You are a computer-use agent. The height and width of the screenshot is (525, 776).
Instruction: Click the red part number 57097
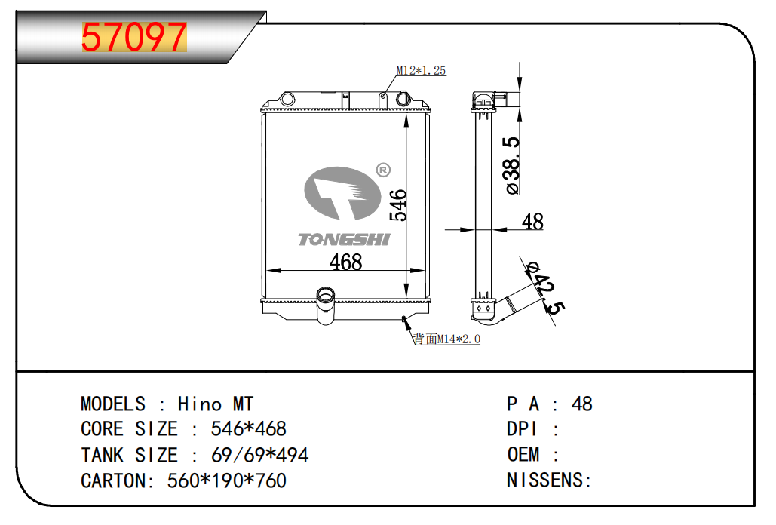[x=133, y=37]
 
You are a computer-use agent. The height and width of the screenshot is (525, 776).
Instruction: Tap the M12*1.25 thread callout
[x=422, y=71]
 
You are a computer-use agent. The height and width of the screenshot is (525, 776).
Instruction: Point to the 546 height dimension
[x=398, y=205]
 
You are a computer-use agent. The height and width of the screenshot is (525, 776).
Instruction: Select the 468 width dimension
[x=346, y=262]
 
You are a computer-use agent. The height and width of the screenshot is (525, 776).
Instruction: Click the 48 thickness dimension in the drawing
[x=532, y=222]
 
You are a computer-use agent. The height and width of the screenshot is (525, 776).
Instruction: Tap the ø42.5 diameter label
[x=546, y=287]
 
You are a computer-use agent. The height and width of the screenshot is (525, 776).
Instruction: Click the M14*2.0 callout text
[x=446, y=339]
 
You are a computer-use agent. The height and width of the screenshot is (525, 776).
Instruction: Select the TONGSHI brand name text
[x=344, y=239]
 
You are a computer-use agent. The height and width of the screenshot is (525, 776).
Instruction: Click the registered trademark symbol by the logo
[x=382, y=170]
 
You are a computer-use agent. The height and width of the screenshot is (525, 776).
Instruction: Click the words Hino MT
[x=216, y=404]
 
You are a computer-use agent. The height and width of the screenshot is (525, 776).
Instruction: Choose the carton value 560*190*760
[x=226, y=480]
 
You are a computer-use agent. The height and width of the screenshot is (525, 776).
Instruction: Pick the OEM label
[x=523, y=455]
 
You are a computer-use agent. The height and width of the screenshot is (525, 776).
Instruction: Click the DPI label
[x=522, y=429]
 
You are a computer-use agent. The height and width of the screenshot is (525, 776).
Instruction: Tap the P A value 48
[x=582, y=404]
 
